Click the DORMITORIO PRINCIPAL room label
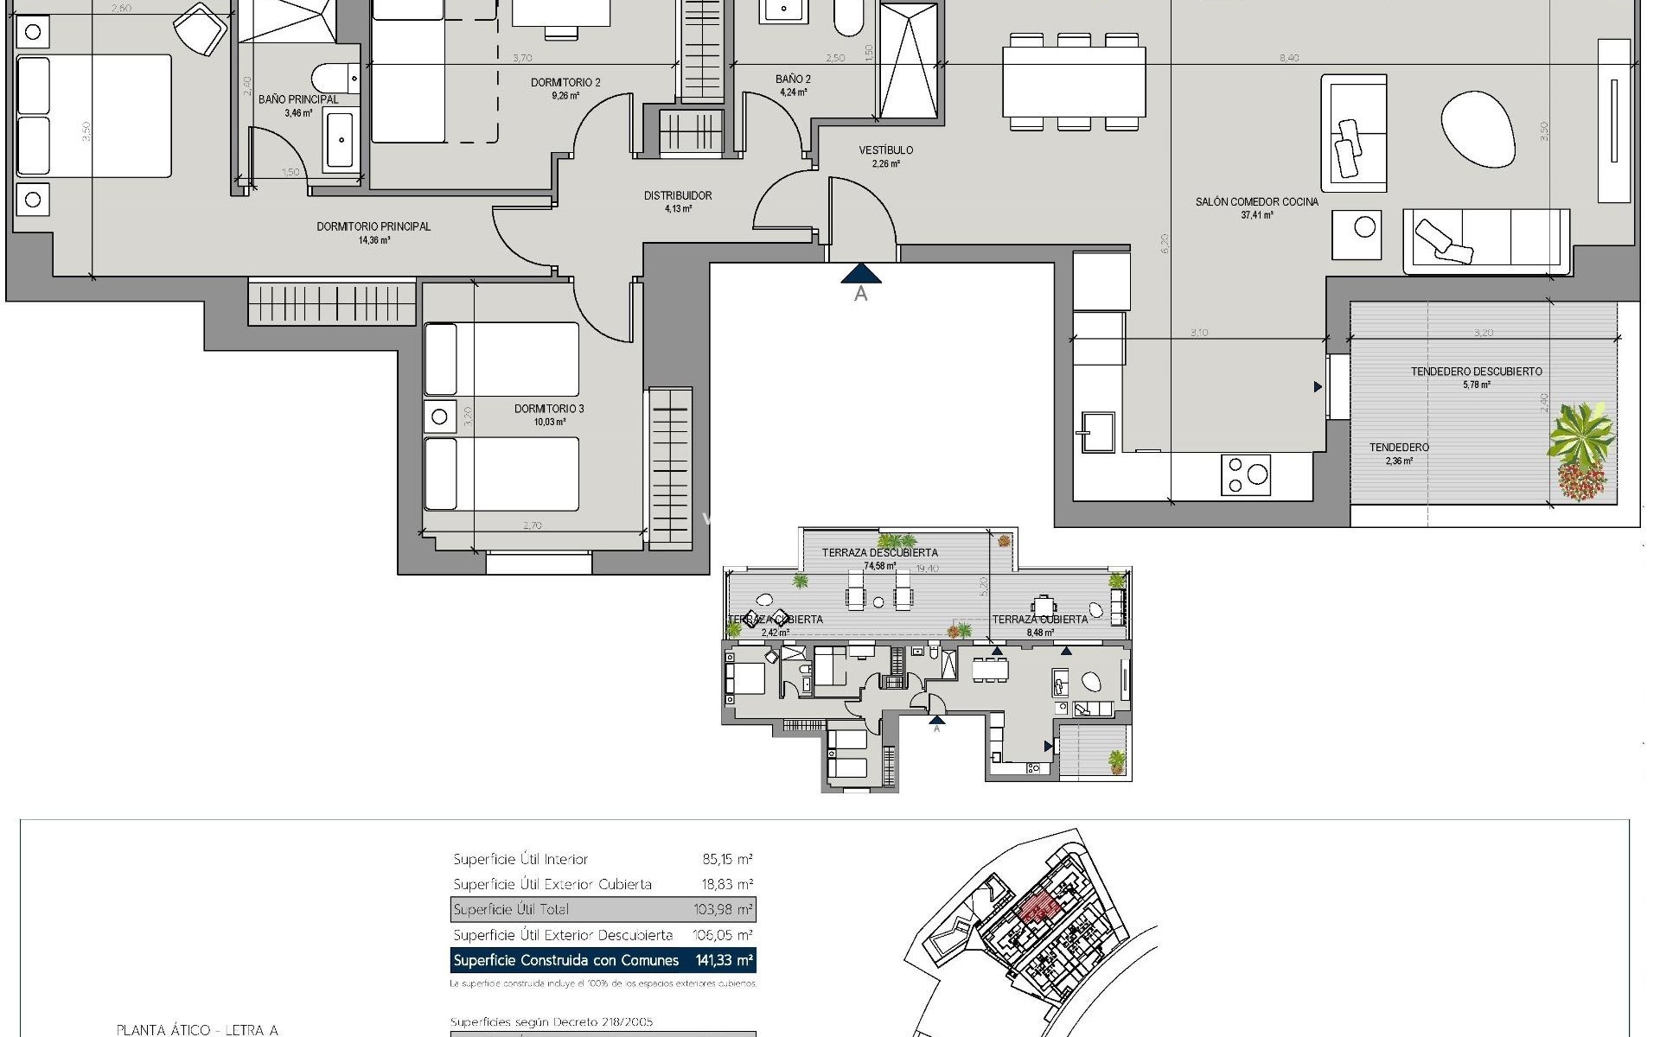(x=373, y=227)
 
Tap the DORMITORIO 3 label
(x=549, y=409)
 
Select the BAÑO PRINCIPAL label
(x=298, y=100)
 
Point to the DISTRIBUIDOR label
(x=678, y=196)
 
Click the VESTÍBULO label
(x=885, y=150)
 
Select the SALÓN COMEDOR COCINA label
(x=1256, y=202)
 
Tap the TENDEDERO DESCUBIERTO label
(x=1476, y=372)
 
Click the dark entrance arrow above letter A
(x=861, y=274)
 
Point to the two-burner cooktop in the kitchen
(x=1246, y=474)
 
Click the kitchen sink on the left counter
(x=1095, y=431)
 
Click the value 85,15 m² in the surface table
(x=727, y=859)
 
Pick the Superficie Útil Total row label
(x=511, y=909)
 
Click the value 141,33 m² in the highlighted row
(x=725, y=960)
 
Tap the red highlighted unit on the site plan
(x=1037, y=907)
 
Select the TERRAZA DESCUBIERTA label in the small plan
(x=879, y=552)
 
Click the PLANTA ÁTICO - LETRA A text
(x=197, y=1029)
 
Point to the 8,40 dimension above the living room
(x=1288, y=58)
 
